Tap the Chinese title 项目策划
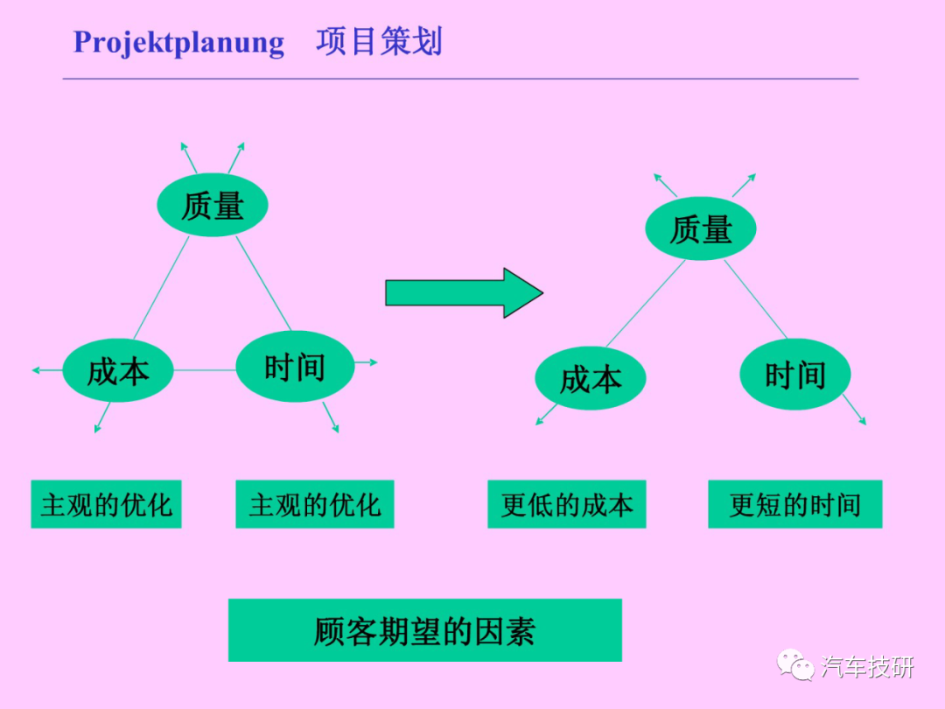click(x=379, y=42)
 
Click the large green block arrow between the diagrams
click(x=464, y=293)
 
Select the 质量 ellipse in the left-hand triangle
click(x=212, y=205)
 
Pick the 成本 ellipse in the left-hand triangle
click(x=118, y=370)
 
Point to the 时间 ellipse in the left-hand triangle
click(x=295, y=366)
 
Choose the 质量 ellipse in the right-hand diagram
click(x=700, y=229)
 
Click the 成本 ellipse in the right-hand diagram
click(x=590, y=379)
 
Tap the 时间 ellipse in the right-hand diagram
click(x=794, y=375)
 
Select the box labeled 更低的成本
click(x=566, y=505)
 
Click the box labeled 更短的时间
click(x=794, y=505)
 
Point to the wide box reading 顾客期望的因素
click(x=425, y=630)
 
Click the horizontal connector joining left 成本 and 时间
click(x=205, y=369)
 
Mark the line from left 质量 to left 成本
click(x=161, y=288)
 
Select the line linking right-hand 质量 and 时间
click(x=755, y=299)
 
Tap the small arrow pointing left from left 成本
click(x=47, y=370)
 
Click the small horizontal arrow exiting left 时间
click(x=366, y=362)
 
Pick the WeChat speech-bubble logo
click(x=794, y=665)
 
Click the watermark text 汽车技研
click(x=867, y=667)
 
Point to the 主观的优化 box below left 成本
click(x=106, y=505)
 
